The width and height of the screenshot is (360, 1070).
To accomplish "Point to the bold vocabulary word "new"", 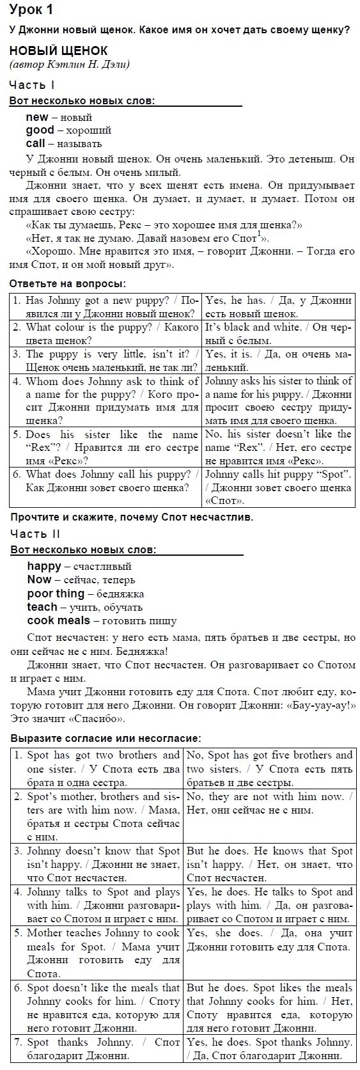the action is tap(37, 116).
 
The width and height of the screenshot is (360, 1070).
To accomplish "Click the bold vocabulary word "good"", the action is tap(40, 130).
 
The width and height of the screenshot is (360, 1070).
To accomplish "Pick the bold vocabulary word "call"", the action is tap(36, 143).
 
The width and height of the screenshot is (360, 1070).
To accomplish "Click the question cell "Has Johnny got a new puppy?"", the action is tap(106, 306).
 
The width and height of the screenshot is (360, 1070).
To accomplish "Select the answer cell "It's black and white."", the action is tap(278, 333).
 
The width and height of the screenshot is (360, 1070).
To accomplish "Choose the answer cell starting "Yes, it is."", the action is tap(278, 360).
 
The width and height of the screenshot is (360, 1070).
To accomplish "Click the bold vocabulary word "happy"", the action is tap(44, 565).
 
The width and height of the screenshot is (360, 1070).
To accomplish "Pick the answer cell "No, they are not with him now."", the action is tap(269, 802).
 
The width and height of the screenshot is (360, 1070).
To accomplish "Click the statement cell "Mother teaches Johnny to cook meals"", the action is tap(98, 952).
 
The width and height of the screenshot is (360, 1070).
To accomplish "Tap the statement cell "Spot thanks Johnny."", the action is tap(98, 1048).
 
